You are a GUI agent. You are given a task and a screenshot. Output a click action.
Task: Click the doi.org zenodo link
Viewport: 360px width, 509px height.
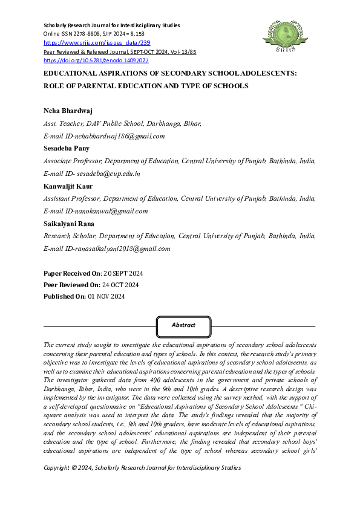click(96, 60)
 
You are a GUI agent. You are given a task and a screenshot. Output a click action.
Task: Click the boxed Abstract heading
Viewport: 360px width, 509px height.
click(183, 325)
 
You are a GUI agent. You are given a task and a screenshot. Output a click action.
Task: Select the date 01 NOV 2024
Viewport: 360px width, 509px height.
click(106, 296)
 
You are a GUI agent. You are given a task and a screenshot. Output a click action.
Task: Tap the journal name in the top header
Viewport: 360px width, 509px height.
click(112, 25)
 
